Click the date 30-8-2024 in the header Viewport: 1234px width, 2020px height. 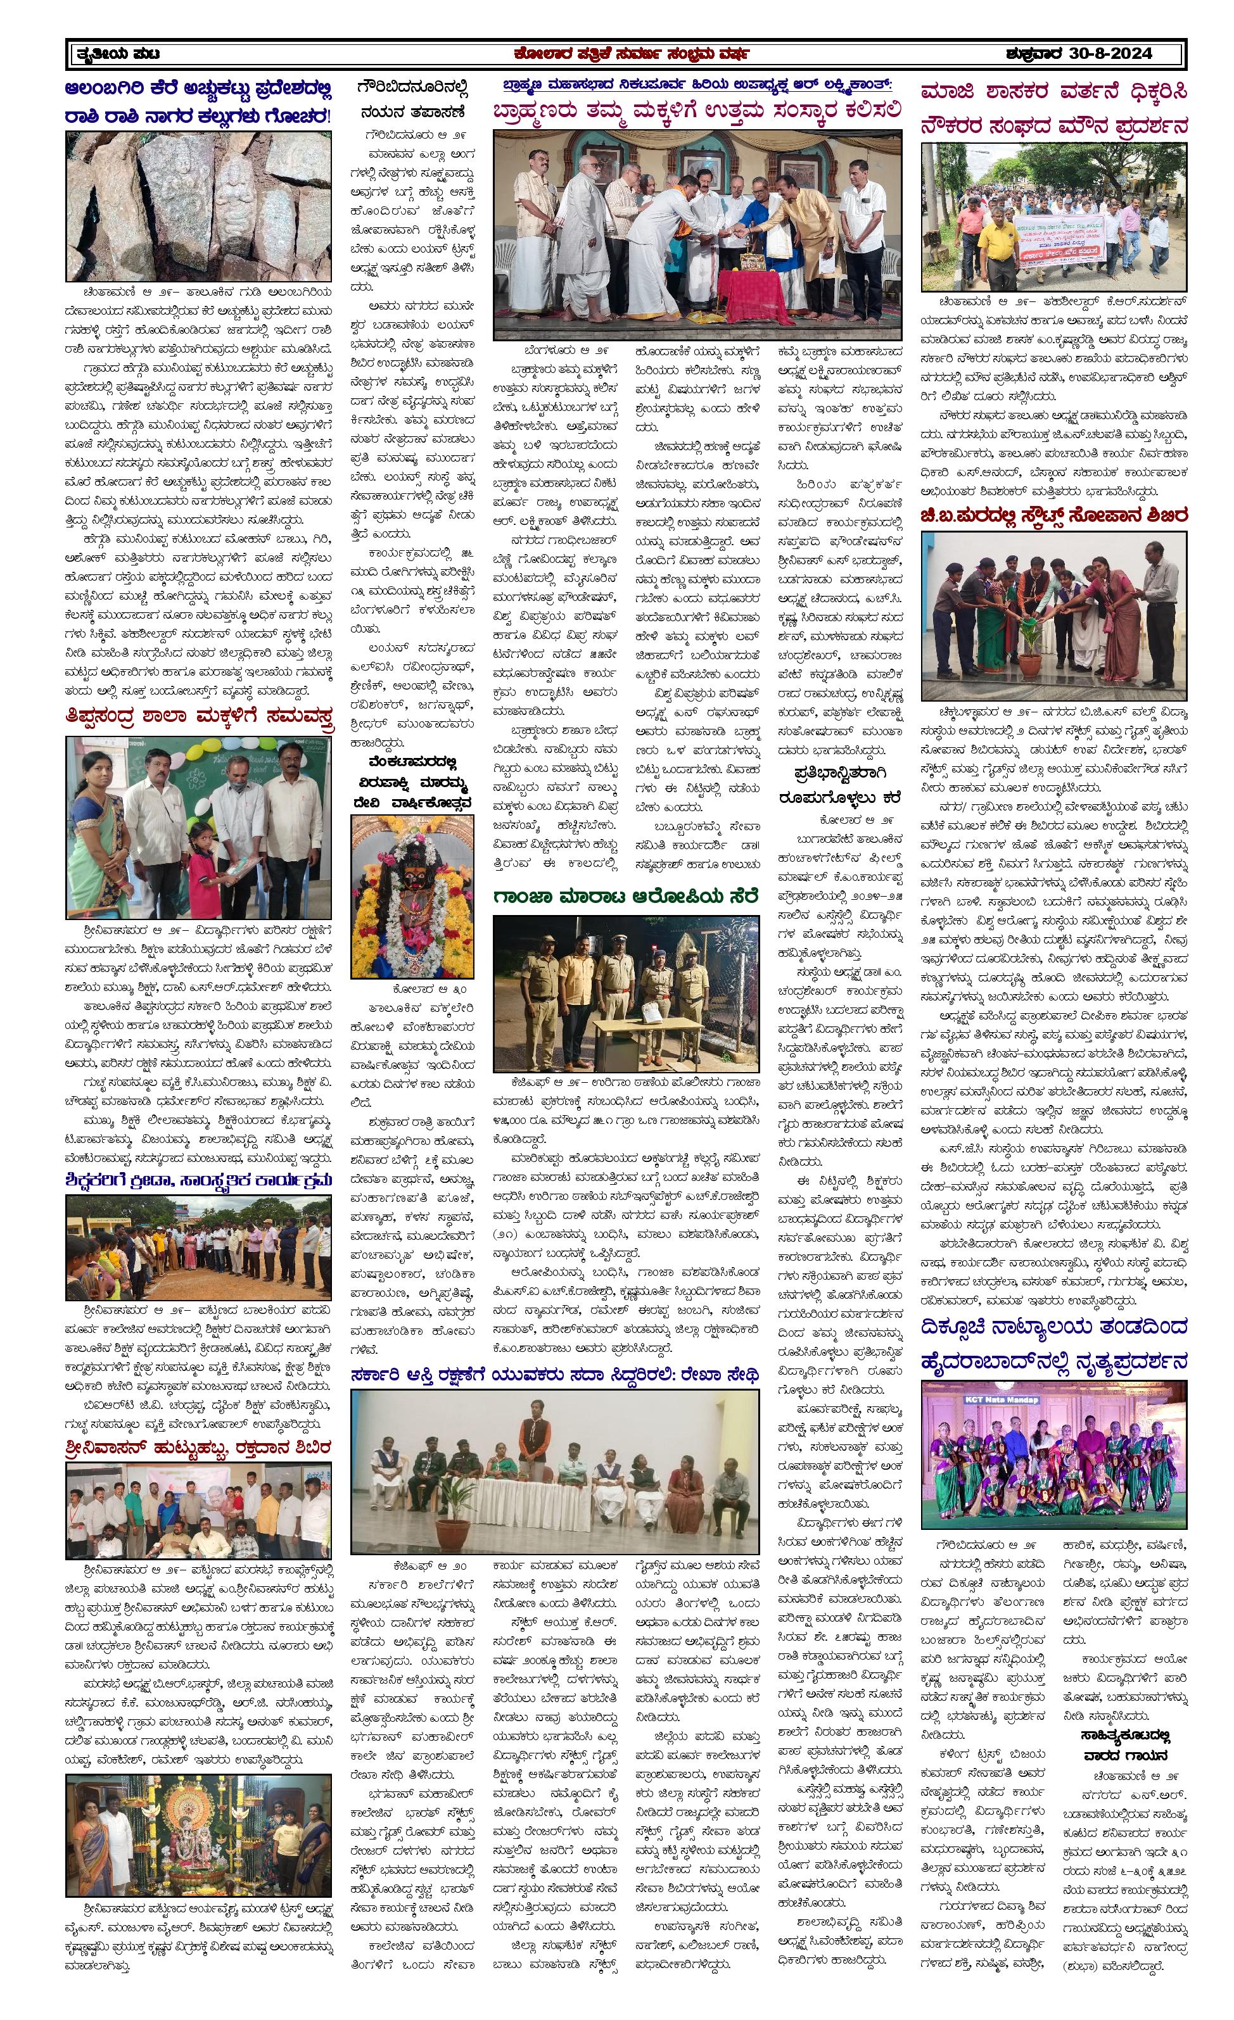[1111, 54]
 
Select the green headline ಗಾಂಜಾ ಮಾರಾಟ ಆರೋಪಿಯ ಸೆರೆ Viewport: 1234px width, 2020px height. [626, 897]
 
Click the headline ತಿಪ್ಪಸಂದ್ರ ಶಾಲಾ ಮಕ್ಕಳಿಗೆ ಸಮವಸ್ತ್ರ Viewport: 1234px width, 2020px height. [200, 717]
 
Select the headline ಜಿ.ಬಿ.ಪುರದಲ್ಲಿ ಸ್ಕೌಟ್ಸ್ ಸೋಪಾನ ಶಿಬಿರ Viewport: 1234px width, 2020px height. [1053, 515]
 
